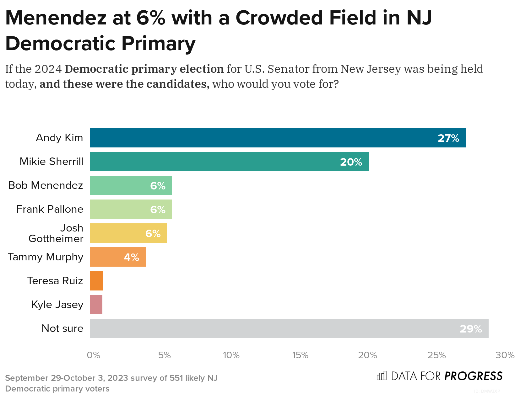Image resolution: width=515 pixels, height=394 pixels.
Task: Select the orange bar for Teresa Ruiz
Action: pyautogui.click(x=96, y=281)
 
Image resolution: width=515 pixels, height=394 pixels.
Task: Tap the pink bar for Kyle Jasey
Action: pyautogui.click(x=96, y=305)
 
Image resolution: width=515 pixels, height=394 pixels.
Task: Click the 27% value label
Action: pyautogui.click(x=448, y=138)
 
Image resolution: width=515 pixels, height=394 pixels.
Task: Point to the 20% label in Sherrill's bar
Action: pyautogui.click(x=351, y=162)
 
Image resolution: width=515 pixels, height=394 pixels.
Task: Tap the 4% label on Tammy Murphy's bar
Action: pyautogui.click(x=131, y=257)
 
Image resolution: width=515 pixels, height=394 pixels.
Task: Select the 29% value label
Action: pyautogui.click(x=471, y=329)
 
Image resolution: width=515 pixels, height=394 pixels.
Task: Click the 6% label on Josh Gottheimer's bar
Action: pyautogui.click(x=153, y=233)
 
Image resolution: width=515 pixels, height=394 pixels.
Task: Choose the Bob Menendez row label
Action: pyautogui.click(x=46, y=185)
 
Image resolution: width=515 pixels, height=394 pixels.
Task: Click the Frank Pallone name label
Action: pyautogui.click(x=50, y=209)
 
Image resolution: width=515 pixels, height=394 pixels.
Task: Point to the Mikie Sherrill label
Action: pyautogui.click(x=51, y=162)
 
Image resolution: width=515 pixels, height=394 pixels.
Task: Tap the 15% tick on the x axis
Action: pyautogui.click(x=300, y=355)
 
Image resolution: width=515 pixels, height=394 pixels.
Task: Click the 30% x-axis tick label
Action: pyautogui.click(x=505, y=355)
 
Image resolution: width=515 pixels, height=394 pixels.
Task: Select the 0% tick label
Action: pyautogui.click(x=93, y=355)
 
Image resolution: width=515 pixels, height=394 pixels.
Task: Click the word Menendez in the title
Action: pyautogui.click(x=56, y=18)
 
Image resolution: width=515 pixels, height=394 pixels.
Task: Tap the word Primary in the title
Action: pyautogui.click(x=158, y=44)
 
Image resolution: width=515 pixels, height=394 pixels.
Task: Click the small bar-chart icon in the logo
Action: pyautogui.click(x=382, y=375)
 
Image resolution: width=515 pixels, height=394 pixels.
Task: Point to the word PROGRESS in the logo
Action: pyautogui.click(x=474, y=376)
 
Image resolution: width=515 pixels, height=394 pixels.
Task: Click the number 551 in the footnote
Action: pyautogui.click(x=176, y=378)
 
